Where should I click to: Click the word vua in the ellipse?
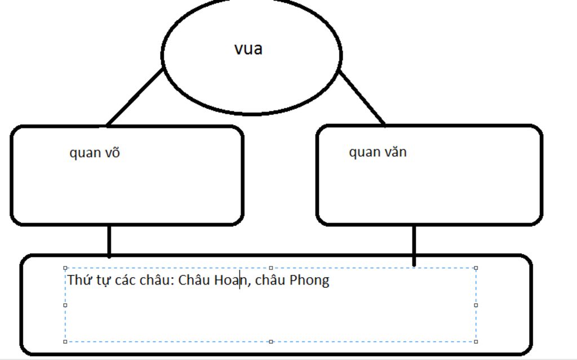click(248, 49)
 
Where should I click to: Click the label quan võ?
click(95, 152)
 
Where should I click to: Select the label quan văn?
click(378, 152)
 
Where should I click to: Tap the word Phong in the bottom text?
click(309, 281)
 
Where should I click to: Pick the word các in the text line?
click(125, 280)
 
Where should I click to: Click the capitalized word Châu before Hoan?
click(194, 280)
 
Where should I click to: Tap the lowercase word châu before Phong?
click(270, 280)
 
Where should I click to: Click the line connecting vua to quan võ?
click(135, 97)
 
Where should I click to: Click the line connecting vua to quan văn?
click(362, 98)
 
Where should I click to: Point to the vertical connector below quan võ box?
click(109, 241)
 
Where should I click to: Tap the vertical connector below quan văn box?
click(414, 245)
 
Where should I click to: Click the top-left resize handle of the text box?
click(65, 268)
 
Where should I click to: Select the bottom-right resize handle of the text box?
click(476, 341)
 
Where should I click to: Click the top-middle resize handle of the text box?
click(271, 268)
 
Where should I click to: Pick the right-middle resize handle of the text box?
click(476, 305)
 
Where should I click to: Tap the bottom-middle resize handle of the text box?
click(271, 341)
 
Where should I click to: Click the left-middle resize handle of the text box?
click(65, 305)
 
